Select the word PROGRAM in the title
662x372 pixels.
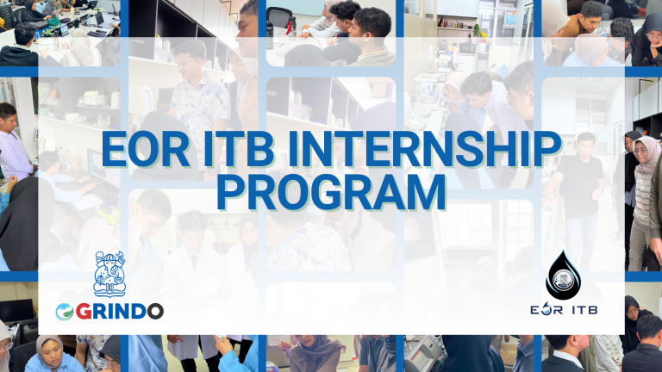pos(331,191)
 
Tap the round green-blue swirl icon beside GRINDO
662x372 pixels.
pos(66,311)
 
